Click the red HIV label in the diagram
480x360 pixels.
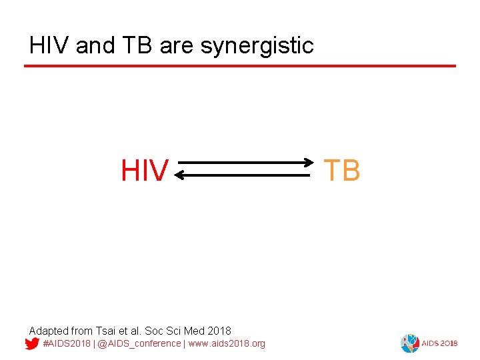click(x=144, y=171)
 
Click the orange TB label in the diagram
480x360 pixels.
click(x=342, y=171)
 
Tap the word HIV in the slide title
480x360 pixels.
click(x=50, y=46)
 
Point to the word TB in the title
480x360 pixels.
click(x=137, y=46)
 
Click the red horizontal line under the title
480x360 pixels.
click(x=240, y=66)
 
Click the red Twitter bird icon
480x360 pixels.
click(x=31, y=344)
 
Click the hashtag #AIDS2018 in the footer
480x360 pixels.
click(x=66, y=344)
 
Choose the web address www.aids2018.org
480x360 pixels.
click(x=227, y=344)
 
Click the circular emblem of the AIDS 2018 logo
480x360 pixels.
click(x=409, y=343)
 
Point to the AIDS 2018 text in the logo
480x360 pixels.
click(x=437, y=344)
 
